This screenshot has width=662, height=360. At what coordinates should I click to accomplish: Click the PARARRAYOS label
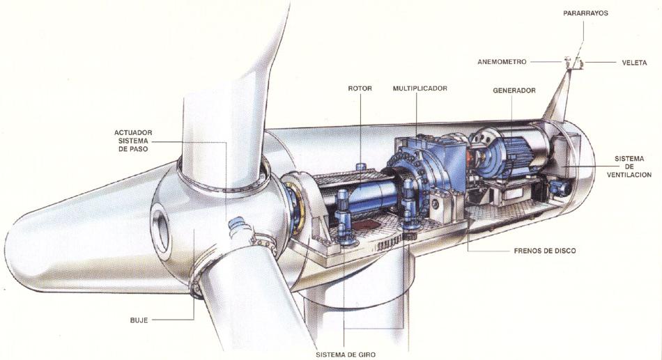(585, 13)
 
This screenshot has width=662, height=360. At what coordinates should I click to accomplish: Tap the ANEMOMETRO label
(502, 62)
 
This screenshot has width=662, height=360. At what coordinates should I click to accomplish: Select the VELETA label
(634, 63)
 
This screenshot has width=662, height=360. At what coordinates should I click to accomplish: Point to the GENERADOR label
(514, 91)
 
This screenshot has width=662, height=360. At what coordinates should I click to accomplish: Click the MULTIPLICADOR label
(419, 88)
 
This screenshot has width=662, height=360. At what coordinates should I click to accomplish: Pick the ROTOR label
(360, 88)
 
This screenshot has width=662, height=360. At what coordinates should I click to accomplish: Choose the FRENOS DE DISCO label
(545, 251)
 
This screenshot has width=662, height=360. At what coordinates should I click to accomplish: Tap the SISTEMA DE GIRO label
(346, 354)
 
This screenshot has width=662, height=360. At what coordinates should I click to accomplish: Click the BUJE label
(139, 320)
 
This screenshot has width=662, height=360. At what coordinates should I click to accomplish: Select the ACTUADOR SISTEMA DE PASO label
(133, 141)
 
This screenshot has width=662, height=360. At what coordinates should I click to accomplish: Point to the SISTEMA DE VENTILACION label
(629, 166)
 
